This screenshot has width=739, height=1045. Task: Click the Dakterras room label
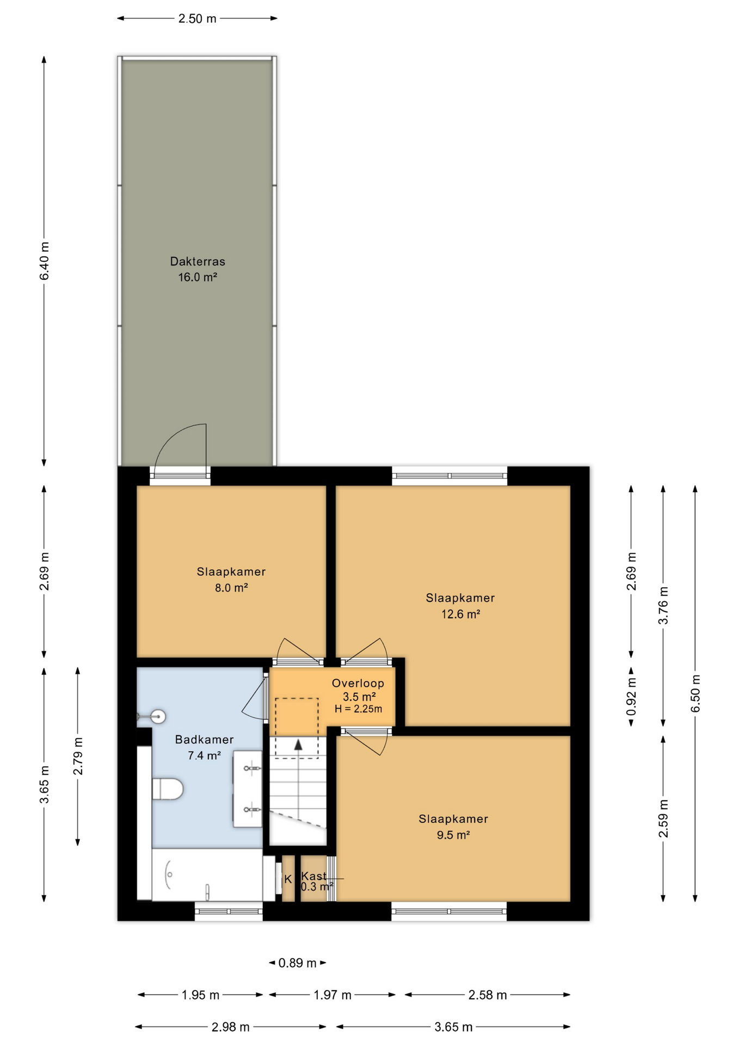click(198, 261)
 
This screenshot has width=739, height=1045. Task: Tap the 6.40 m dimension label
click(45, 261)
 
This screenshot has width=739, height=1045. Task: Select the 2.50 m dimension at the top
click(198, 19)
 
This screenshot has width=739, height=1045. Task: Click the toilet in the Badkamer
click(168, 789)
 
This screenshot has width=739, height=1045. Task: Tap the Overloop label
click(358, 683)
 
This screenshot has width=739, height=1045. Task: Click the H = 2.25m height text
click(358, 709)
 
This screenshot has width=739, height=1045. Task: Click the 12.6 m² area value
click(460, 614)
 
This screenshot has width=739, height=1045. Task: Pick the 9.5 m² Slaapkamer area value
click(453, 835)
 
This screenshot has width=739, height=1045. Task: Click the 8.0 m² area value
click(231, 588)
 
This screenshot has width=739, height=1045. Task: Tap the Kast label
click(314, 876)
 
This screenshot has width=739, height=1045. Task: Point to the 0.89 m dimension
click(297, 963)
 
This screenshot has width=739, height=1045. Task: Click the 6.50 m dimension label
click(695, 693)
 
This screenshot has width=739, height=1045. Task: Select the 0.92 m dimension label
click(631, 697)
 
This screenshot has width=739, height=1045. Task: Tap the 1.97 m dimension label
click(332, 995)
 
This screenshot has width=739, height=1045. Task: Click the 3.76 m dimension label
click(663, 606)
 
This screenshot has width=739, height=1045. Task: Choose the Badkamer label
click(204, 740)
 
